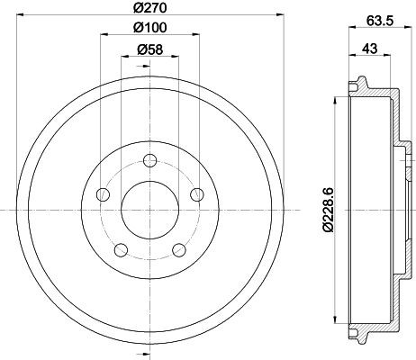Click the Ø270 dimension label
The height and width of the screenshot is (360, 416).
point(146,8)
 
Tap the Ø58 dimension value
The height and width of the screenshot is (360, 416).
point(146,50)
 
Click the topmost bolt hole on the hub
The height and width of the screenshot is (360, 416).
point(146,162)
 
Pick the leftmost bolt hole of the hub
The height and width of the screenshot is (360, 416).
point(104,195)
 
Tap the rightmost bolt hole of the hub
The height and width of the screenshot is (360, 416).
point(192,195)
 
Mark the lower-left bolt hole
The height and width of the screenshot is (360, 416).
point(120,248)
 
